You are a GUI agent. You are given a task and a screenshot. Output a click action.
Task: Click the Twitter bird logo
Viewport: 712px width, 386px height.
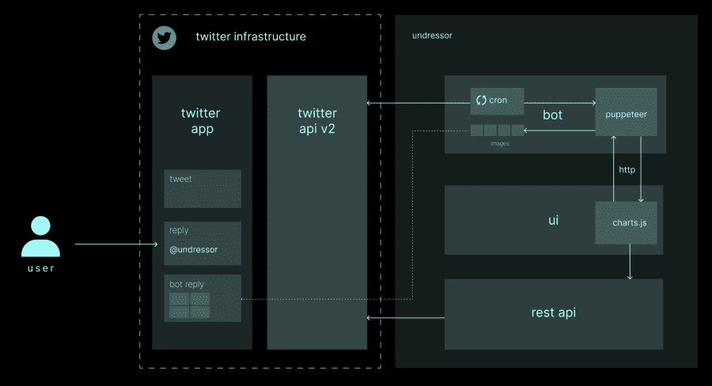(164, 38)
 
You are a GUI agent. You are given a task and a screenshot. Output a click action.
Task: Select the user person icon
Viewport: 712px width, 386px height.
(40, 237)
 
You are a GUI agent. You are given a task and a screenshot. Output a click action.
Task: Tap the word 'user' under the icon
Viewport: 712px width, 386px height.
(40, 268)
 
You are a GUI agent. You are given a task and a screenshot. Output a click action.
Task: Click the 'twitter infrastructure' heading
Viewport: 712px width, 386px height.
(251, 37)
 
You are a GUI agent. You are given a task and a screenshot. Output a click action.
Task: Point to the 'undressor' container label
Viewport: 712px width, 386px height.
(432, 36)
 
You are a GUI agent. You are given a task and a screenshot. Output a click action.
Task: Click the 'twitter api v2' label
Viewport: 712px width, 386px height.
(316, 120)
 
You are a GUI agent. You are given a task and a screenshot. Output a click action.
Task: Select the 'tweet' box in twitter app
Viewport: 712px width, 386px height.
(203, 188)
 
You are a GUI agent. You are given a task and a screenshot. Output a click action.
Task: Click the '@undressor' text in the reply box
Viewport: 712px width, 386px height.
(193, 250)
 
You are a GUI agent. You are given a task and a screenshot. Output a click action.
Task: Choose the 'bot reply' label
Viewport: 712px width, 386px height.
(187, 283)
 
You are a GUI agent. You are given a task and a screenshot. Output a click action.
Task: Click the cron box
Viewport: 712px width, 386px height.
(498, 100)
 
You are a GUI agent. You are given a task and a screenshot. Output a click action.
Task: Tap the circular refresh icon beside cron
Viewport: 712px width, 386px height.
(481, 100)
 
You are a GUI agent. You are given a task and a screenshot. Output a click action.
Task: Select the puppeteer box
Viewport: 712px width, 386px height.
(626, 114)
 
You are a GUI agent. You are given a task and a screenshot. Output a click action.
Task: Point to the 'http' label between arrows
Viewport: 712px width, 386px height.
(627, 169)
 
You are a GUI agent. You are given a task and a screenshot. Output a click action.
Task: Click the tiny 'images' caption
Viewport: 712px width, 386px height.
(498, 144)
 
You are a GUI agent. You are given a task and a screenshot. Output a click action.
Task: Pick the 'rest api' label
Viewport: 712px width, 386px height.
(553, 312)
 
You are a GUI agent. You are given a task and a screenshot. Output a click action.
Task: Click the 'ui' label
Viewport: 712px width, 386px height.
(553, 220)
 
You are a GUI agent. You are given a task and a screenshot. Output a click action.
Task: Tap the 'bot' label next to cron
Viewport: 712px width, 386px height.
(552, 115)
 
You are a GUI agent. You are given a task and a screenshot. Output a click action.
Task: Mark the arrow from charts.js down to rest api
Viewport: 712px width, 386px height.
(630, 261)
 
